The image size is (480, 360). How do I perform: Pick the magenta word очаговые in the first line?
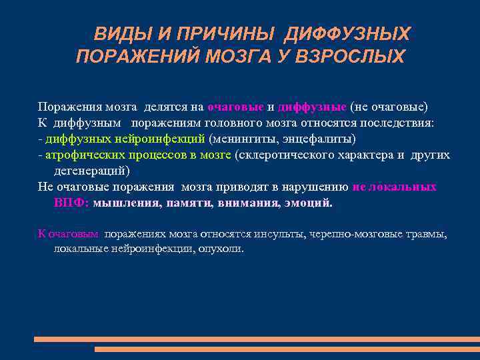click(x=236, y=107)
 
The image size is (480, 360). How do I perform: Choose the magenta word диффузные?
click(x=312, y=107)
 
